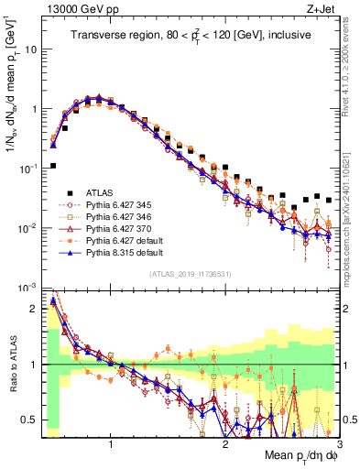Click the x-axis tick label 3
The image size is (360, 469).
[x=338, y=443]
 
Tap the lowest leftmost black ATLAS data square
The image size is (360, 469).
[x=54, y=166]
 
